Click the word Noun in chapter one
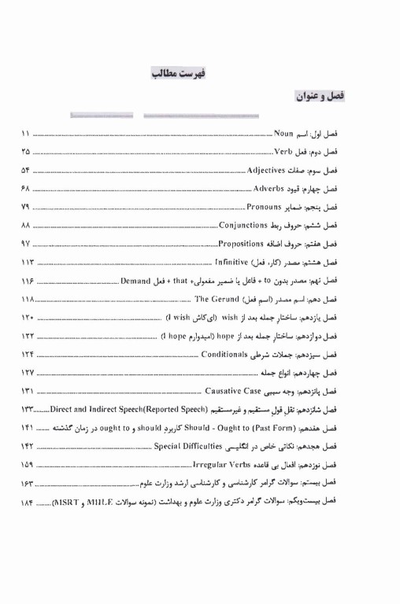pos(284,134)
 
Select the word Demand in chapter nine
pos(139,279)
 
